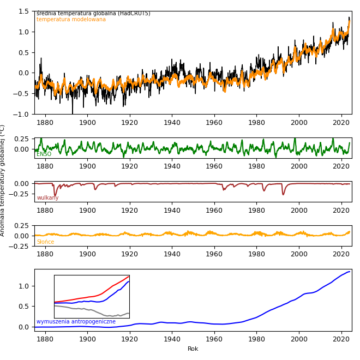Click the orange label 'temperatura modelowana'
click(71, 20)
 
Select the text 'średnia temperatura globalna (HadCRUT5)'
click(93, 14)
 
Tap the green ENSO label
click(44, 154)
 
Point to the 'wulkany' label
click(47, 198)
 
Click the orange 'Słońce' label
click(45, 242)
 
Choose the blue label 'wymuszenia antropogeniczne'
click(76, 322)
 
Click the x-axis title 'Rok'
click(193, 349)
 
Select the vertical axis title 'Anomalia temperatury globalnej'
click(3, 180)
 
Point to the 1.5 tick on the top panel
click(24, 11)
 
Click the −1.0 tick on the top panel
click(22, 114)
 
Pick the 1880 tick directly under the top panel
click(45, 122)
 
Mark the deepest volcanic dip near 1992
click(283, 194)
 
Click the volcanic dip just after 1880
click(55, 195)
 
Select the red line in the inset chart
click(109, 287)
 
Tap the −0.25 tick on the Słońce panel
click(21, 246)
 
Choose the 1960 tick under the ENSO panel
click(214, 166)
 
